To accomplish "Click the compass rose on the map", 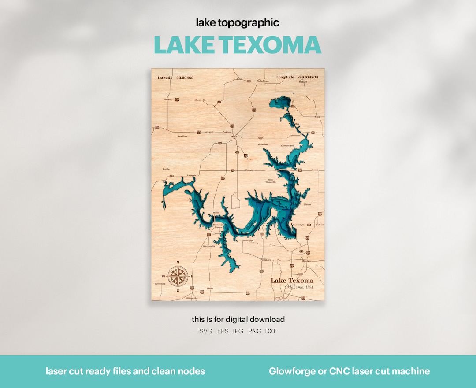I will tap(178, 276).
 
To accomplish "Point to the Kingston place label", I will tap(250, 170).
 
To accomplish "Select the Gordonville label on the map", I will tap(209, 246).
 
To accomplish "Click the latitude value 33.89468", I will tap(185, 78).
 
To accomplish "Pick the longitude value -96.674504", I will tap(308, 77).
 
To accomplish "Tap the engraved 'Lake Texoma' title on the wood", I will tap(292, 281).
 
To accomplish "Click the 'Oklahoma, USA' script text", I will tap(299, 287).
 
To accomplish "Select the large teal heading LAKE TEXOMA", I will tap(238, 45).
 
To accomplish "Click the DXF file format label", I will tap(271, 331).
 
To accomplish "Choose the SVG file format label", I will tap(206, 331).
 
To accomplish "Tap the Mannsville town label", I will tap(200, 100).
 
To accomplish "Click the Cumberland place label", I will tap(287, 145).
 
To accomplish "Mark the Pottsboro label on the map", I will tap(265, 260).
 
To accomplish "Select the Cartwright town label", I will tap(298, 225).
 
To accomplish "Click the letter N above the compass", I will tap(178, 262).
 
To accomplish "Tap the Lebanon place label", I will tap(191, 175).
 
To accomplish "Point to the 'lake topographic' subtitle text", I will tap(238, 23).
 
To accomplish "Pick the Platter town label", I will tap(307, 204).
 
